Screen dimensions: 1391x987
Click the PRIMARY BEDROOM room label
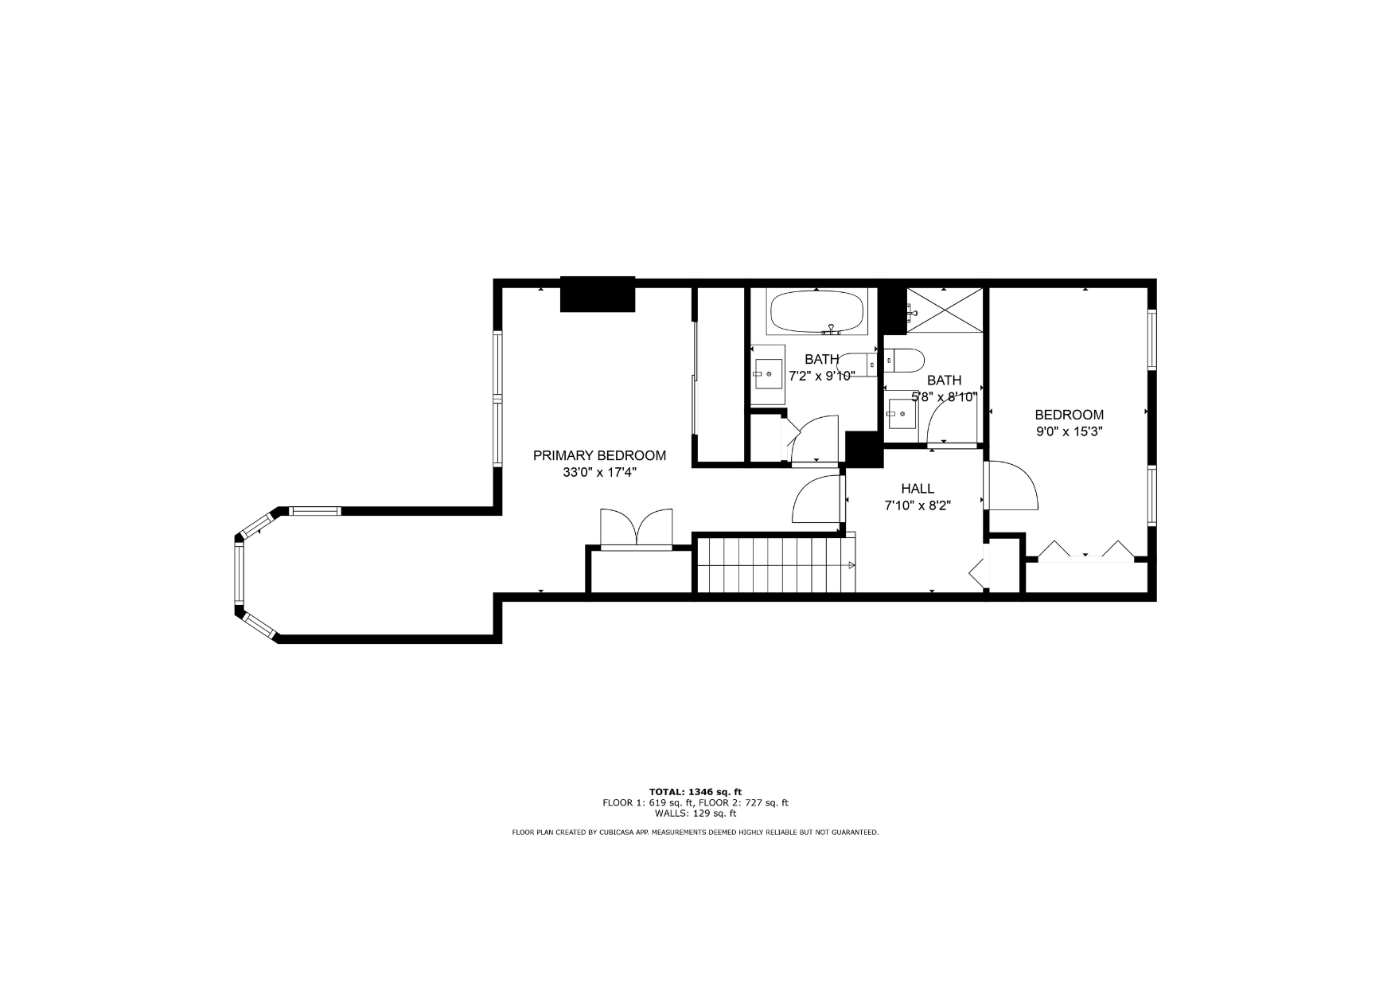tap(599, 456)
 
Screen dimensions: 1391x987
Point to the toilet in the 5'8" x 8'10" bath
tap(903, 361)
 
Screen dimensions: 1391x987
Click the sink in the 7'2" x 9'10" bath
tap(767, 375)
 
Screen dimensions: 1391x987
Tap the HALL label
tap(918, 489)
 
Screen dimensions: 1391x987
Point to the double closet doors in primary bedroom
tap(637, 529)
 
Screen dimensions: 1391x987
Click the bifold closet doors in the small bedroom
tap(1086, 552)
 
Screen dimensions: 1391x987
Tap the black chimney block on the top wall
tap(598, 294)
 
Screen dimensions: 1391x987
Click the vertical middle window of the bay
tap(238, 573)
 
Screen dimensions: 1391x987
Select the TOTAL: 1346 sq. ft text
tap(695, 792)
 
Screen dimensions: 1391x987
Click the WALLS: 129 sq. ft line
tap(695, 813)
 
